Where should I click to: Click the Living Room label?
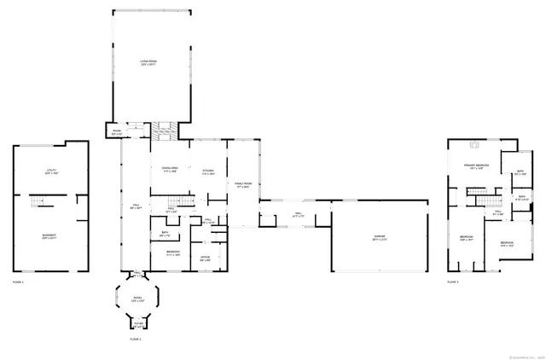150,61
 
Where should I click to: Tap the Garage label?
380,240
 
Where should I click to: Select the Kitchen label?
208,172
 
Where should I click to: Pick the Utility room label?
50,171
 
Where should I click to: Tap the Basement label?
49,236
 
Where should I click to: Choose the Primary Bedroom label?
475,165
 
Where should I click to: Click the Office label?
205,258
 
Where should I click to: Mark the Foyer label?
137,324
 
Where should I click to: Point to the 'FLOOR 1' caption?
18,282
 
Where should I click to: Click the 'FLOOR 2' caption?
135,340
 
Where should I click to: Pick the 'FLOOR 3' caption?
452,282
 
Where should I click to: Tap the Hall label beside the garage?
299,215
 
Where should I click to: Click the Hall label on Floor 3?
497,214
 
